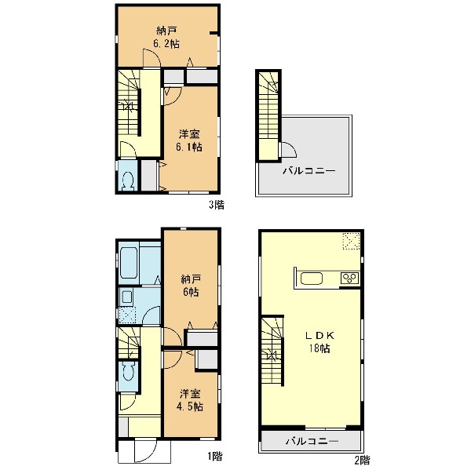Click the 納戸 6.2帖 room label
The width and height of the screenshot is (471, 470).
166,37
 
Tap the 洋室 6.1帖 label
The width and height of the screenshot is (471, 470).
189,140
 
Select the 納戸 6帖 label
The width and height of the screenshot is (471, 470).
191,286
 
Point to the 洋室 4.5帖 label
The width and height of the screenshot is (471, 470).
190,400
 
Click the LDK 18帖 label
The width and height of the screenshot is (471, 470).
319,342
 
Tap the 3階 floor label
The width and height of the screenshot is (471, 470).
217,205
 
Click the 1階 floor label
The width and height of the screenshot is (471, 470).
215,456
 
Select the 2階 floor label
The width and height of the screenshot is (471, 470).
362,460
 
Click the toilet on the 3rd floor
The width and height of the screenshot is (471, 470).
128,180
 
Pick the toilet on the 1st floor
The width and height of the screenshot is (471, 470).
128,372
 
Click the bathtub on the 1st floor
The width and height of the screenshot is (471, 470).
129,264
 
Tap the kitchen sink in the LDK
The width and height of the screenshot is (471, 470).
312,278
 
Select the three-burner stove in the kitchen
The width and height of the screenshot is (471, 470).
349,278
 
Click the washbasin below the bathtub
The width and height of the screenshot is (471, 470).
126,297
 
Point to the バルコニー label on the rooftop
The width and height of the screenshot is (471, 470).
309,171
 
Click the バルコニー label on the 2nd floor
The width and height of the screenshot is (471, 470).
312,441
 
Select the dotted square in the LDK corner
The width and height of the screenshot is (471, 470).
352,241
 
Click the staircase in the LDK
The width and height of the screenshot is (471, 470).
272,350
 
